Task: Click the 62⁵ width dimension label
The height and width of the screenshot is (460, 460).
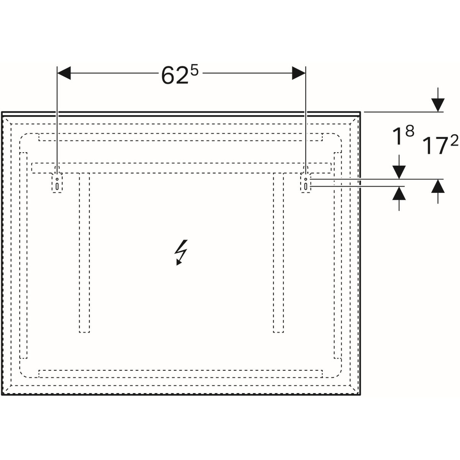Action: tap(179, 75)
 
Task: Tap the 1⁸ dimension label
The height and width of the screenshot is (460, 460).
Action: tap(403, 136)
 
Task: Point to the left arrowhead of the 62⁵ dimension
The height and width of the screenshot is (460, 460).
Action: tap(64, 73)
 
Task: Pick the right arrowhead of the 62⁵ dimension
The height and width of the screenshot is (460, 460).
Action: tap(299, 73)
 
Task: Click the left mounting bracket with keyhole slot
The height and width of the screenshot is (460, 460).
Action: tap(57, 183)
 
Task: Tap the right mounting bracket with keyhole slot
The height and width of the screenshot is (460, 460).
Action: tap(306, 183)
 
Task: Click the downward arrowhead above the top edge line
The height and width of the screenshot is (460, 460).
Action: tap(437, 105)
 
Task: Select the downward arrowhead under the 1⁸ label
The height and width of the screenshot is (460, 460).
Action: tap(399, 172)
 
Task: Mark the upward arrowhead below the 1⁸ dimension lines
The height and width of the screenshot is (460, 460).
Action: tap(399, 193)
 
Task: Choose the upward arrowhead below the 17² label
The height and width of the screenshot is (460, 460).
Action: tap(438, 186)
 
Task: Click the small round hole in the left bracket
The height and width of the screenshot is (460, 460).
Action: tap(57, 179)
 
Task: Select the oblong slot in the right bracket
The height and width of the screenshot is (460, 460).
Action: tap(306, 186)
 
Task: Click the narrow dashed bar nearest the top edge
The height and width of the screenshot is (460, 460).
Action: tap(181, 137)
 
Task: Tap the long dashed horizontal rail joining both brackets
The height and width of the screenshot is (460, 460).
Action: tap(181, 168)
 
